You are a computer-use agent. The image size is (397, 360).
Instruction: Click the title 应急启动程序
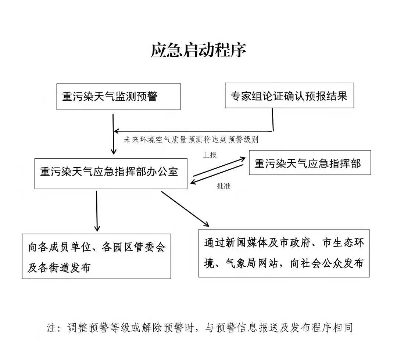(198, 51)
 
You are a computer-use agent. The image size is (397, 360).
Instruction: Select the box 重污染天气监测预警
(118, 96)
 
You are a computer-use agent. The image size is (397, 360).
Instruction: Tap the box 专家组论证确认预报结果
(289, 96)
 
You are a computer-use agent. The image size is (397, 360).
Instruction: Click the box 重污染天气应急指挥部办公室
(111, 173)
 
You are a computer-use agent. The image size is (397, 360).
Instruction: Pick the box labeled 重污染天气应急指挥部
(310, 162)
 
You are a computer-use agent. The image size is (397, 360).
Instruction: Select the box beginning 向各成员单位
(96, 256)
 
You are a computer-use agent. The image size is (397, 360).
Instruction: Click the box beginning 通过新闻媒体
(284, 253)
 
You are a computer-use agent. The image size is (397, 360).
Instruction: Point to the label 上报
(210, 155)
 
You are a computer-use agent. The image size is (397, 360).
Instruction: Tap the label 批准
(223, 186)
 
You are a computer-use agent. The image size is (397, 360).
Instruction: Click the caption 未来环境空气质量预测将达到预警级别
(191, 139)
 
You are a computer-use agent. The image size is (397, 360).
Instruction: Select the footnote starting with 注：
(200, 328)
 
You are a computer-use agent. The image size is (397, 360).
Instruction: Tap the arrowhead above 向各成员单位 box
(97, 229)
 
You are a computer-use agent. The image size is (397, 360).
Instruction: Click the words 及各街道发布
(59, 268)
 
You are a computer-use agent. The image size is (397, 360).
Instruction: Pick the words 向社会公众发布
(327, 263)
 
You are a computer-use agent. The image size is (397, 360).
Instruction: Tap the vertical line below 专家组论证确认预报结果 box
(273, 120)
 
